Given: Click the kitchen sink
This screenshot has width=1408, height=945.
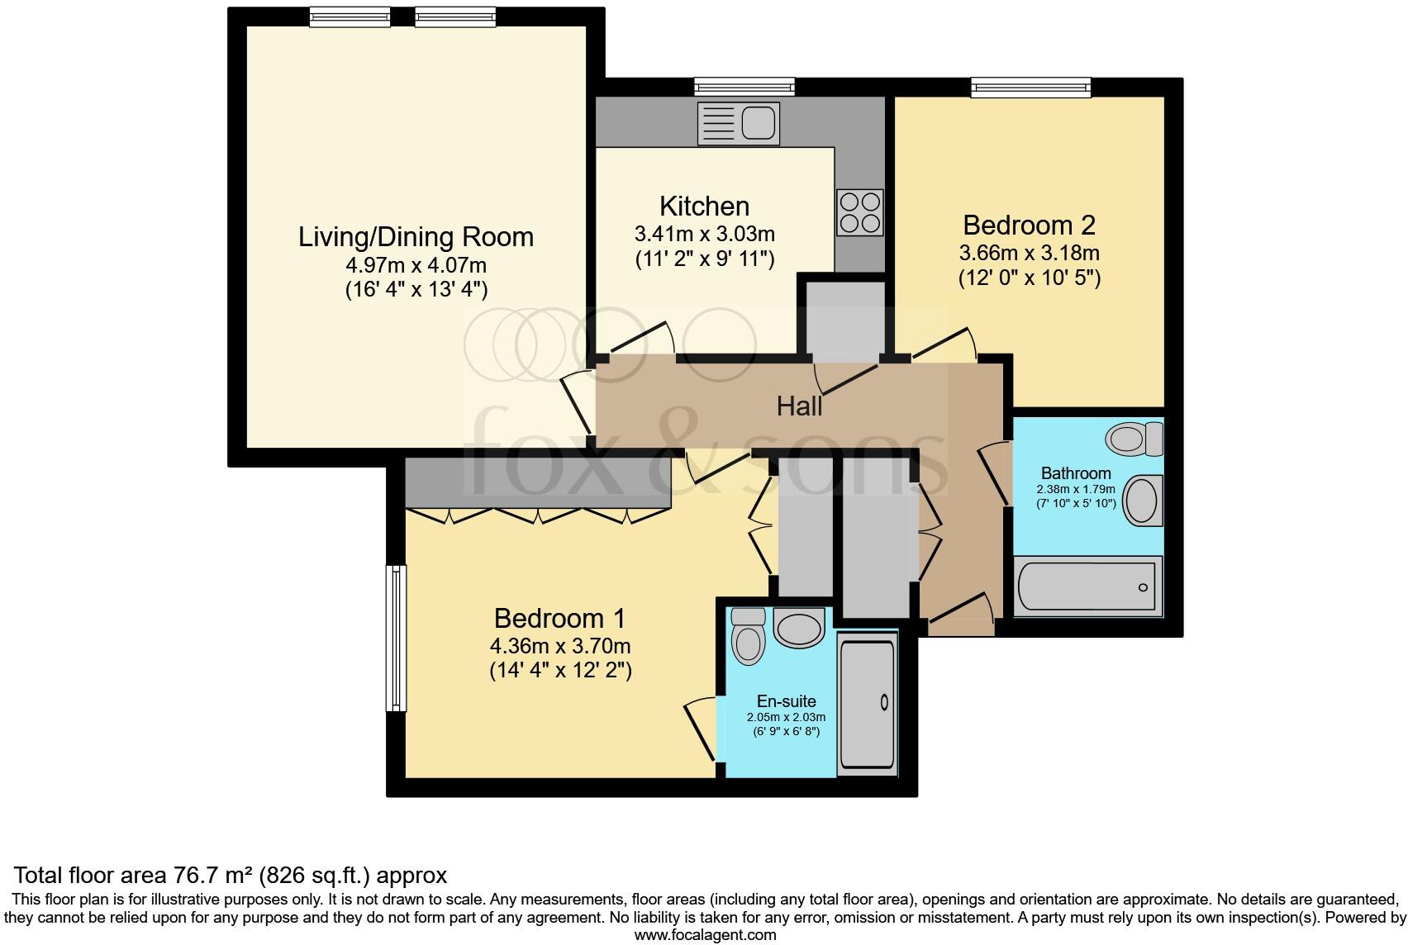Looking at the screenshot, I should tap(738, 123).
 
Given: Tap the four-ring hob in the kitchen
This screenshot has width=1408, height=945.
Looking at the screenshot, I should tap(859, 211).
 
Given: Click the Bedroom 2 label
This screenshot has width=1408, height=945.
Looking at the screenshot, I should tap(1029, 225).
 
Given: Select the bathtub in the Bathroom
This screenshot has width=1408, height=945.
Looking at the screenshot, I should tap(1087, 586).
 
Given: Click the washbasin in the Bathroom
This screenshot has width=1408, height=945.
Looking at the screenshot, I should tap(1143, 500).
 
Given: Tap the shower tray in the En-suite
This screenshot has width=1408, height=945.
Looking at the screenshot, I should tap(867, 704).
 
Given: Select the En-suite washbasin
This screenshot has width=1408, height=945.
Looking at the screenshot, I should tap(799, 628).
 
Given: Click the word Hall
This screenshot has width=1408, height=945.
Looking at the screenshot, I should tap(799, 406).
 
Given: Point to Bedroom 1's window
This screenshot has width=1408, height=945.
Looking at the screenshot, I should tap(397, 638).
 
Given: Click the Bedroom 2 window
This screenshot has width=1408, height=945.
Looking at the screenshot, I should tap(1030, 86).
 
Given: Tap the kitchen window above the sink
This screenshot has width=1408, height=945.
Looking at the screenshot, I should tap(744, 86).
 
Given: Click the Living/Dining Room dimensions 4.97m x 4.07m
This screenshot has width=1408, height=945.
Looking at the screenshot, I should tap(416, 266).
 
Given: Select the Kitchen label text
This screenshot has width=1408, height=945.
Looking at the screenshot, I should tap(704, 206).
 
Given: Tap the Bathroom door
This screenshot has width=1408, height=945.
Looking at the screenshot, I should tap(994, 474).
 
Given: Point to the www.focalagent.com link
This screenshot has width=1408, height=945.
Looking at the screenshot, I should tap(705, 935).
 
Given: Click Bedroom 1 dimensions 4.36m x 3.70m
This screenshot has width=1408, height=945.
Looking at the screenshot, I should tap(560, 646).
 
